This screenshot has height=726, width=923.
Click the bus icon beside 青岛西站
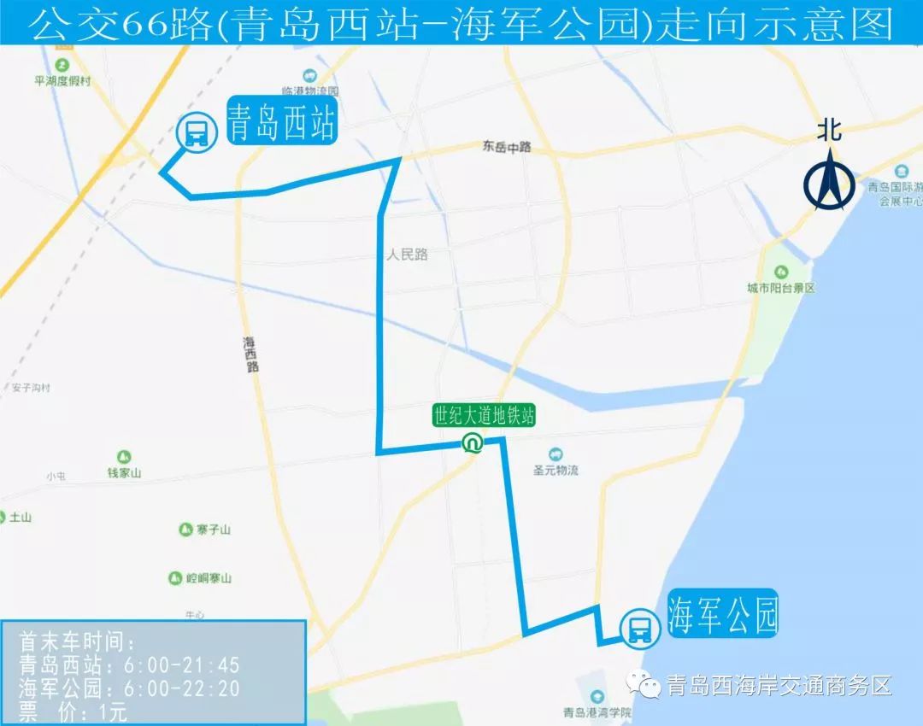point(196,132)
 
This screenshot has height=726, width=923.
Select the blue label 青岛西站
point(280,122)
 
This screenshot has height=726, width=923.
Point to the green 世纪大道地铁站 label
point(484,417)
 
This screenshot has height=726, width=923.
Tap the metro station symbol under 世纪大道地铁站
point(471,443)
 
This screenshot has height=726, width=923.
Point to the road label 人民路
point(406,255)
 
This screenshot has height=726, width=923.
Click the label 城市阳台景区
point(780,288)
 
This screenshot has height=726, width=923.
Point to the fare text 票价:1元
point(73,711)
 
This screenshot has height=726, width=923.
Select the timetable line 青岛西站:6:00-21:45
point(129,665)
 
